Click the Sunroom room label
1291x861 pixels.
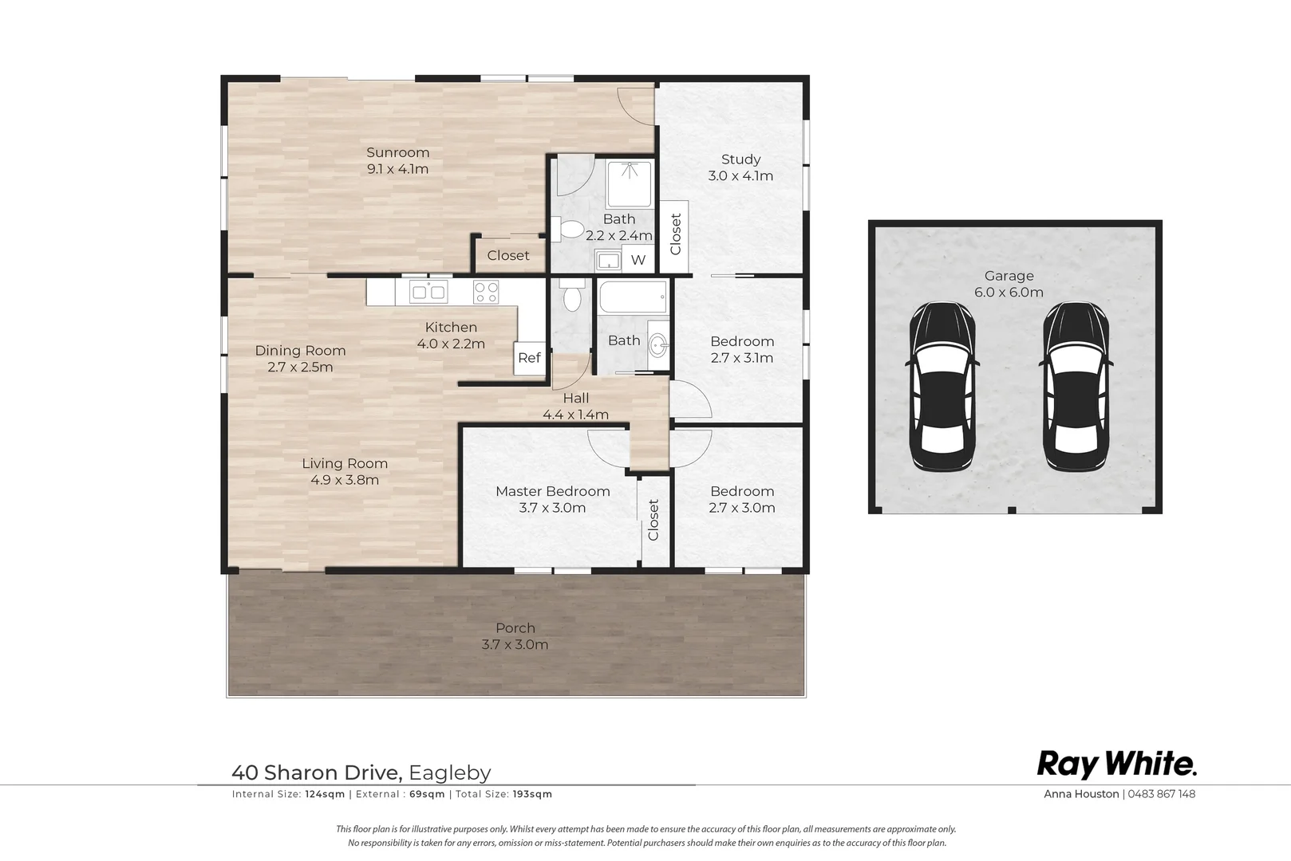pyautogui.click(x=397, y=152)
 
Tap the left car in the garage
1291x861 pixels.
pyautogui.click(x=942, y=387)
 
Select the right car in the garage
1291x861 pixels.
pyautogui.click(x=1076, y=387)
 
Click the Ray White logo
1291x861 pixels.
pyautogui.click(x=1117, y=765)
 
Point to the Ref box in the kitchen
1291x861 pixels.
pyautogui.click(x=529, y=358)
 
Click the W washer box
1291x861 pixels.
pyautogui.click(x=638, y=260)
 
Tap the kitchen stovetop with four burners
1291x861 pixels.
pyautogui.click(x=486, y=292)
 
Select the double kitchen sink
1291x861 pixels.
pyautogui.click(x=428, y=292)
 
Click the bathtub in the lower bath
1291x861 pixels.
pyautogui.click(x=633, y=296)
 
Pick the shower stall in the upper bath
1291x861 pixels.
pyautogui.click(x=630, y=184)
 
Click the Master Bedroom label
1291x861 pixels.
pyautogui.click(x=553, y=491)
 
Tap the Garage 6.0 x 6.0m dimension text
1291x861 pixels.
pyautogui.click(x=1009, y=292)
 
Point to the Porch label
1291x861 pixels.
pyautogui.click(x=515, y=627)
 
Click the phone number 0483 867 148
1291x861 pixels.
pyautogui.click(x=1161, y=793)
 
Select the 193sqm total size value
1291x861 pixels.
pyautogui.click(x=532, y=794)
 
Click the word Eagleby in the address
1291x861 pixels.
pyautogui.click(x=449, y=773)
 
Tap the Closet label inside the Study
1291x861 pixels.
pyautogui.click(x=676, y=234)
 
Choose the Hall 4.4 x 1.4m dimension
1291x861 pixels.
pyautogui.click(x=576, y=414)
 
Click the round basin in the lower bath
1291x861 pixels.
pyautogui.click(x=657, y=346)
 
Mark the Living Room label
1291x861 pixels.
pyautogui.click(x=345, y=464)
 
